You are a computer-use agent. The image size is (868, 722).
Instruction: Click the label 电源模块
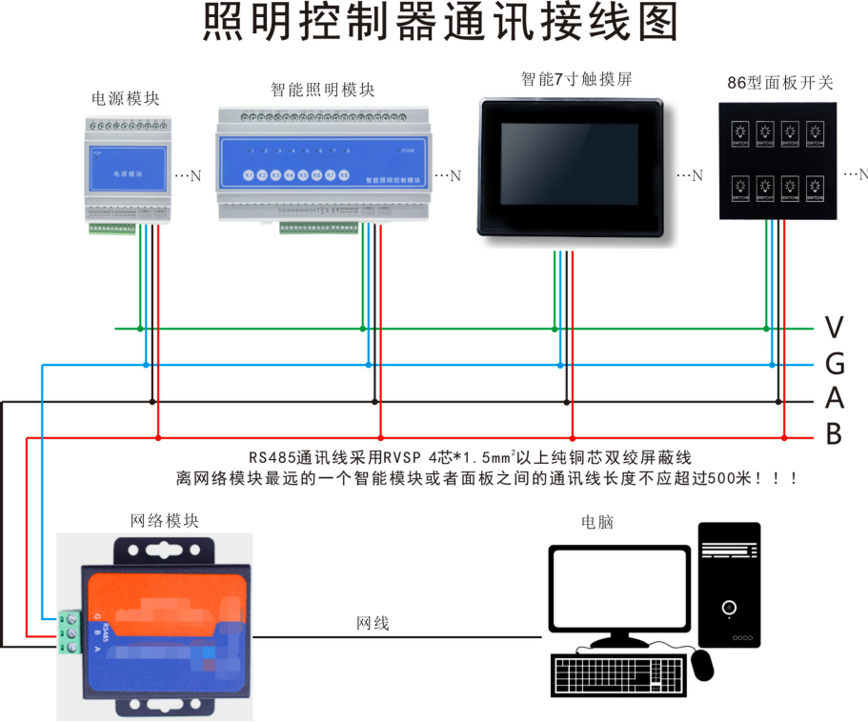(125, 98)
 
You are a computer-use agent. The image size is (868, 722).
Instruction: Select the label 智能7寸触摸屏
(576, 80)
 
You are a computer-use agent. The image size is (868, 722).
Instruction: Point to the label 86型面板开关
(779, 83)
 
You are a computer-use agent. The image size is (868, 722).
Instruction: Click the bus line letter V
(834, 329)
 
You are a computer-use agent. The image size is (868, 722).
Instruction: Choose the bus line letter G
(834, 365)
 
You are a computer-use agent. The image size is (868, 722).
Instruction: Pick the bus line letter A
(834, 400)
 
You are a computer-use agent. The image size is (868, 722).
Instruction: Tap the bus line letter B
(834, 436)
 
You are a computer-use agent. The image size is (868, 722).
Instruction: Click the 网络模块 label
(165, 521)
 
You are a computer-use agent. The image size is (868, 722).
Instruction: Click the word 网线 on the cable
(373, 624)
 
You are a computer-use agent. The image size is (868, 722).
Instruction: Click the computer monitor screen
(618, 587)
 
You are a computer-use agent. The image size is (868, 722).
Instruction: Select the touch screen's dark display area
(572, 164)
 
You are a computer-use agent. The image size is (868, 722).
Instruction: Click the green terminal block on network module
(68, 632)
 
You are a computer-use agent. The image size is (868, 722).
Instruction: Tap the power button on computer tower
(729, 607)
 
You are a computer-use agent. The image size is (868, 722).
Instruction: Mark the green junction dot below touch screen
(554, 329)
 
